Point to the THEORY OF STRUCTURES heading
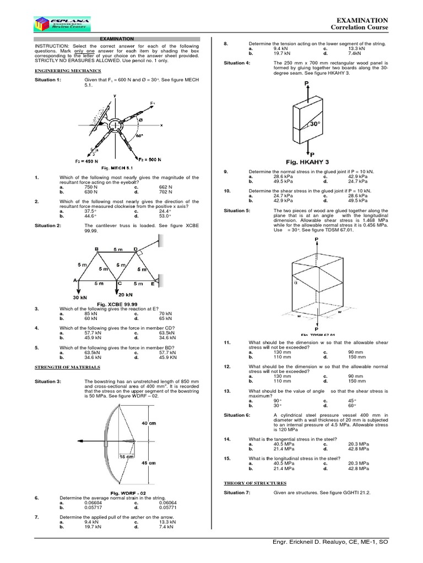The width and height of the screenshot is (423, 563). tap(255, 482)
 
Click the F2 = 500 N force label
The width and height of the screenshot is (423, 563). tap(151, 159)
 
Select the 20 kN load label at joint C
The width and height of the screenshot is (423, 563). tap(126, 294)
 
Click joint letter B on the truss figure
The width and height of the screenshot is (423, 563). tap(96, 249)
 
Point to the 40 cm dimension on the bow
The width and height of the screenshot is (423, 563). tap(148, 423)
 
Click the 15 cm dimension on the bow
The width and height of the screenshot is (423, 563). tap(127, 457)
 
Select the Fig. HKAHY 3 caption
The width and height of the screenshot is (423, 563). tap(306, 162)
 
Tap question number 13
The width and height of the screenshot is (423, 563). tap(226, 391)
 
